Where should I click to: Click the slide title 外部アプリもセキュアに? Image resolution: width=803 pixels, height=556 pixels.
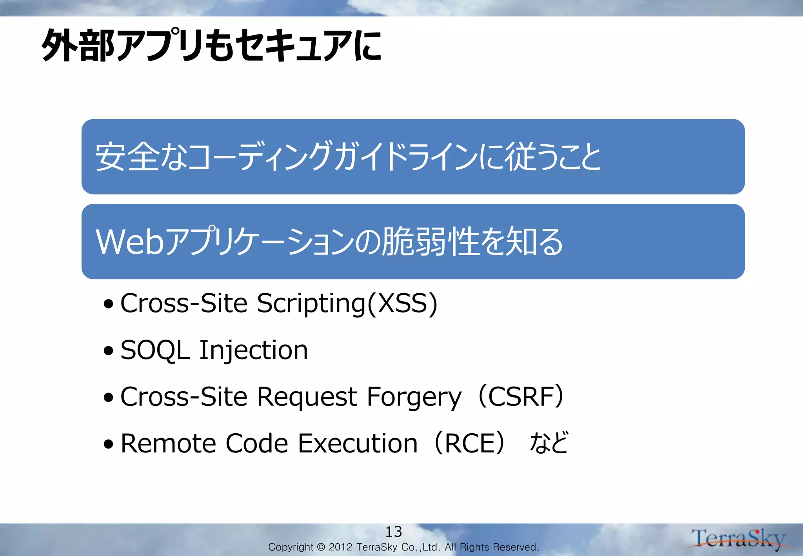(x=212, y=46)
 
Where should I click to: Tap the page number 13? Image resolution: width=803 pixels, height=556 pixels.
(x=393, y=532)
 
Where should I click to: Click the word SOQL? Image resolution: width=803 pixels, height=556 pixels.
(x=155, y=350)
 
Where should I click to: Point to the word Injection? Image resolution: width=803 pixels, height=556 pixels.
(x=254, y=350)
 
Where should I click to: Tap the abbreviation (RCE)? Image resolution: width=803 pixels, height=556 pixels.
(x=469, y=443)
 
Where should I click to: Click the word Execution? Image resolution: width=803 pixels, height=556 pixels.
(x=358, y=443)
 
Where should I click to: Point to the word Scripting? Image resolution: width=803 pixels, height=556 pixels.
(x=311, y=304)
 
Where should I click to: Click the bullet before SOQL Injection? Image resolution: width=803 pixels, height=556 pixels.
(x=109, y=351)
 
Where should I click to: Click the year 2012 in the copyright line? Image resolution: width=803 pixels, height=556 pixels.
(x=340, y=547)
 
